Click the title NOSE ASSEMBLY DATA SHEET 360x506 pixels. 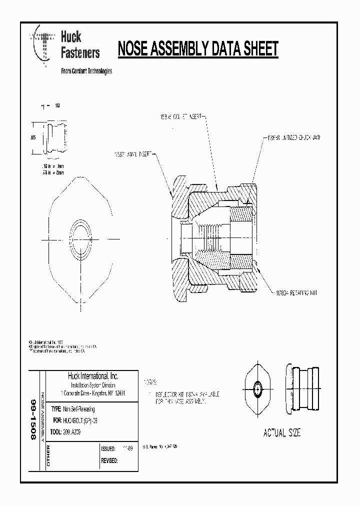[197, 49]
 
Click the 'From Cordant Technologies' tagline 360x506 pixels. [86, 71]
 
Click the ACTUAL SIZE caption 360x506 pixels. [282, 433]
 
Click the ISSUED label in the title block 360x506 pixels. [108, 449]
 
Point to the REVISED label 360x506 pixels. [109, 460]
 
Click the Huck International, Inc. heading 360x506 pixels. [92, 376]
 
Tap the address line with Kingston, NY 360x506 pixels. [92, 393]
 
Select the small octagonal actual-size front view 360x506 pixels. [257, 388]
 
